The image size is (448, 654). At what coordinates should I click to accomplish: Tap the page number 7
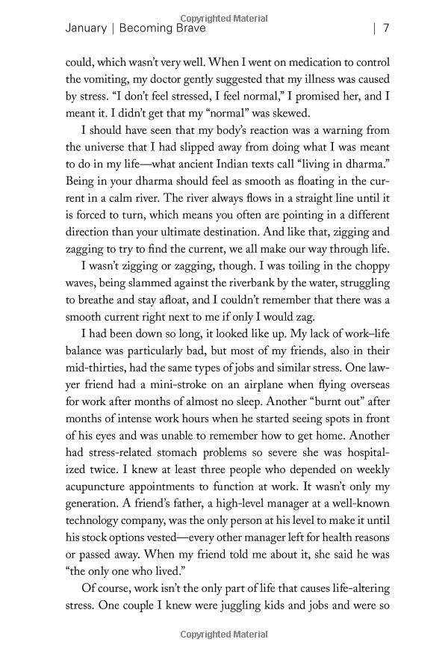(386, 29)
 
